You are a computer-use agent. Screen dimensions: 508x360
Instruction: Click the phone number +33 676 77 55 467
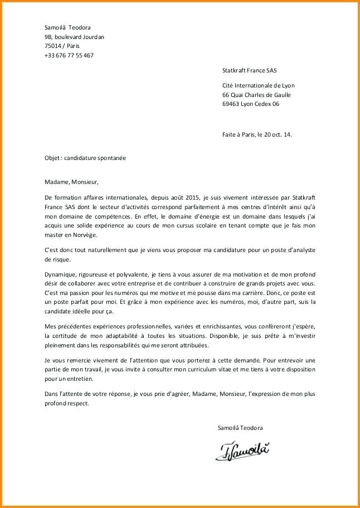69,55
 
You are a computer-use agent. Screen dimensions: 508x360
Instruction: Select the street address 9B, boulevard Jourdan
74,37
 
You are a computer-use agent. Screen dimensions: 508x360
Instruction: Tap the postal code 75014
53,46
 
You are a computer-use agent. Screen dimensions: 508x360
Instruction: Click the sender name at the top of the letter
67,27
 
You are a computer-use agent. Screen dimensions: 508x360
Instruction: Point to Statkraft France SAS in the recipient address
249,71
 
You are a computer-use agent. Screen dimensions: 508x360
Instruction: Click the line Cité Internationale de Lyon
258,85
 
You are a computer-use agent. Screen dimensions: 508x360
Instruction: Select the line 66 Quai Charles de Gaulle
256,95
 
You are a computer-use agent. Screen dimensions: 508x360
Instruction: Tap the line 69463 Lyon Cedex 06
250,104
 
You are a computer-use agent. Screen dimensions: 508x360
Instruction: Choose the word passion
88,293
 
